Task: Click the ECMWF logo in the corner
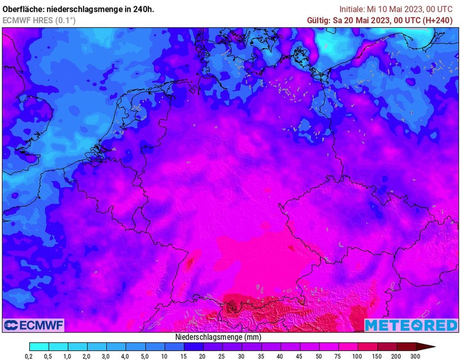point(34,325)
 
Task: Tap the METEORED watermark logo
point(411,325)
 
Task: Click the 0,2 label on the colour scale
point(29,356)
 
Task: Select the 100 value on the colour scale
point(358,356)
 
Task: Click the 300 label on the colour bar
point(416,356)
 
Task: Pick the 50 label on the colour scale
point(319,356)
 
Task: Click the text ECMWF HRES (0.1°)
point(39,20)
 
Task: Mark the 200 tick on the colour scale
point(396,356)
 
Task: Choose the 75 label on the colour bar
point(339,356)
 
